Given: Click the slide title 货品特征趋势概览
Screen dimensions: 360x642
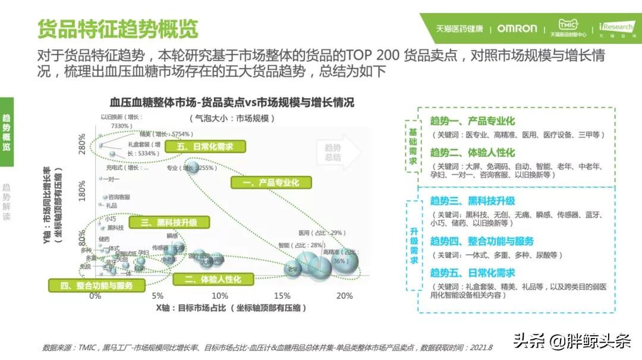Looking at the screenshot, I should [117, 28].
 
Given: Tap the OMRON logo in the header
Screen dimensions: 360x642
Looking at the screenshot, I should [517, 28].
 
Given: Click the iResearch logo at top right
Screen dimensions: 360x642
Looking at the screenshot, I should [616, 28].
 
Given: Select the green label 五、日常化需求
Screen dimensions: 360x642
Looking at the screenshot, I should [206, 147].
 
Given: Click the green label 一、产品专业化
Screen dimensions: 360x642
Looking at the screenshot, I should [270, 183].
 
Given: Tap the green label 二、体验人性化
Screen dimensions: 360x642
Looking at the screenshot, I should [212, 279].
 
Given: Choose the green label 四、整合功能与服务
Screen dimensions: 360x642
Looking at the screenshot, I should [96, 286].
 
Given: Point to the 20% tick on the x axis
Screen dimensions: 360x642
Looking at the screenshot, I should [344, 296].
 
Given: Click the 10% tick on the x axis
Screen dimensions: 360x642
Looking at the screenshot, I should [220, 296].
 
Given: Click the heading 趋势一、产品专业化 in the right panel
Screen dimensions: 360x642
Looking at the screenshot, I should [472, 121].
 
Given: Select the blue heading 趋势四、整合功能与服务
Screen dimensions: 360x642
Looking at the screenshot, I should [481, 241].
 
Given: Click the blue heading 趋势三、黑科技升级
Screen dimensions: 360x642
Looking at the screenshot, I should [472, 201].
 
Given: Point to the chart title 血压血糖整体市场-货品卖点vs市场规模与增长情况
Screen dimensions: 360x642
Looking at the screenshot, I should [232, 102].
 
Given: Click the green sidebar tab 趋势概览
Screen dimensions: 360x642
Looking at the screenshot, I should [7, 132].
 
